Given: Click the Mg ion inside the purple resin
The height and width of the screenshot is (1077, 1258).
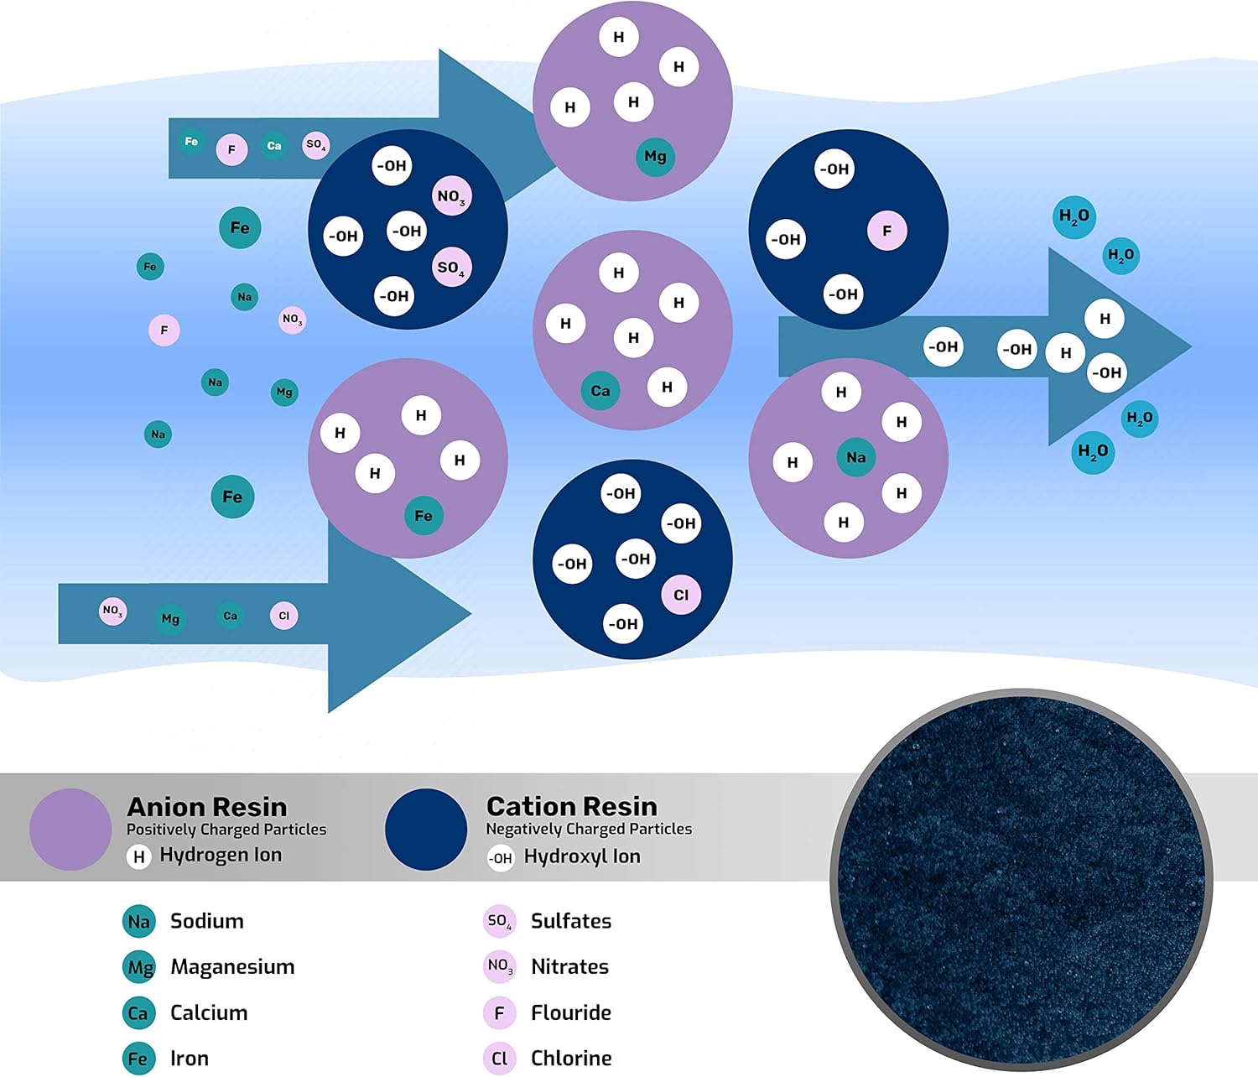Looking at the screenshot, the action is tap(656, 157).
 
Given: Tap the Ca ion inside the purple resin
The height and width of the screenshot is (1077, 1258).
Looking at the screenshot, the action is tap(600, 390).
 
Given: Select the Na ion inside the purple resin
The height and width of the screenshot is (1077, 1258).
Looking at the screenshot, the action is tap(855, 456).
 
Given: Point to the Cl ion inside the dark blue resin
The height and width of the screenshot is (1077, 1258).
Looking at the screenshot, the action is tap(681, 594).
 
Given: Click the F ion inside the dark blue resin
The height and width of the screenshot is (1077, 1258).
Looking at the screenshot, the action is tap(886, 231).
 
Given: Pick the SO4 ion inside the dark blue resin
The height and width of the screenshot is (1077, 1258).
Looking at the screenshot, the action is tap(451, 268).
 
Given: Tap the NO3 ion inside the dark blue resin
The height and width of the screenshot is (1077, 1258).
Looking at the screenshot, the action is tap(451, 196).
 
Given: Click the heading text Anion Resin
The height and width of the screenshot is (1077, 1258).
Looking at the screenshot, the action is tap(207, 807).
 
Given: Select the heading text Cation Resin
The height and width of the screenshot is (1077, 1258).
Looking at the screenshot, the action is tap(571, 806).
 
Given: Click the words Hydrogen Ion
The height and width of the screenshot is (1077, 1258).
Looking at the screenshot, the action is tap(221, 854).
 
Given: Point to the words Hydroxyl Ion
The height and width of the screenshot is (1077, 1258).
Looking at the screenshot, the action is tap(582, 856).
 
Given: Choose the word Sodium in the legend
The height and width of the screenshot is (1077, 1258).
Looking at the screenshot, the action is tap(207, 920).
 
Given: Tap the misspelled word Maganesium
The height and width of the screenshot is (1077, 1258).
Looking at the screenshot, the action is tap(232, 966).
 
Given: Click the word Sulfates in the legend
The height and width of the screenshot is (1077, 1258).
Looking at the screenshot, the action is tap(571, 920).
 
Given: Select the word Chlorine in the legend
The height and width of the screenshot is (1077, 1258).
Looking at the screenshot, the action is tap(571, 1058).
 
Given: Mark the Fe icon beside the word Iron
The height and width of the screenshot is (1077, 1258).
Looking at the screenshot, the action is tap(138, 1059).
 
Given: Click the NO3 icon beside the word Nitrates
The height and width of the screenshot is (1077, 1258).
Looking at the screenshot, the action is tap(500, 966).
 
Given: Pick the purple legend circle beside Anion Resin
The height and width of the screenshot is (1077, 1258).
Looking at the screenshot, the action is tap(70, 830).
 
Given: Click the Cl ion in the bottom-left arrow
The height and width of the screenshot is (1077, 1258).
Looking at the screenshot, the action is tap(283, 616).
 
